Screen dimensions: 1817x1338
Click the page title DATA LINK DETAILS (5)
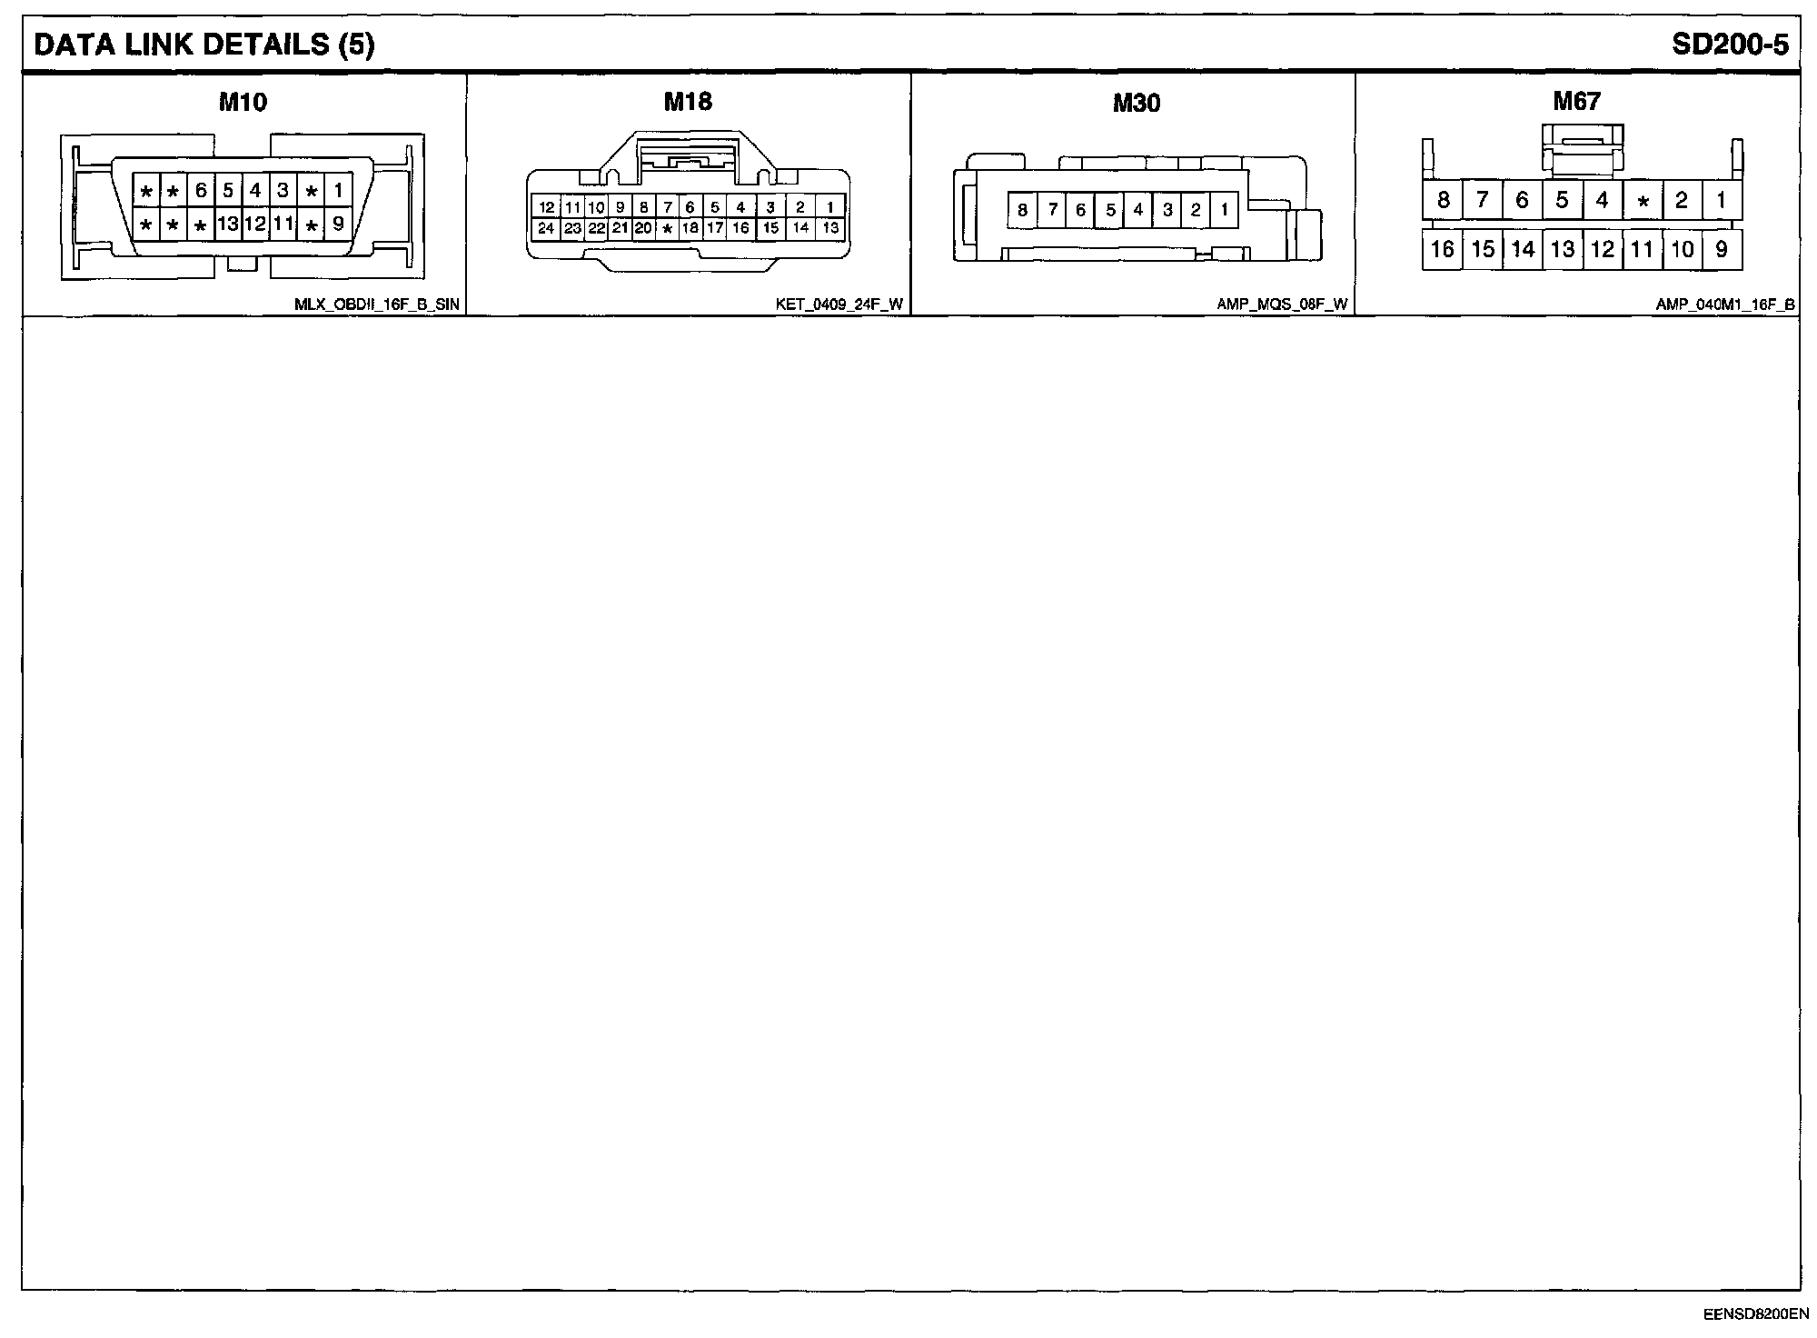204,45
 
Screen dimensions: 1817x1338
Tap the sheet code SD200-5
1730,45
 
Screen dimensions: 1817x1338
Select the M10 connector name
243,102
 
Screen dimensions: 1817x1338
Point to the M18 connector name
688,101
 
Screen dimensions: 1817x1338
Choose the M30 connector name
1136,103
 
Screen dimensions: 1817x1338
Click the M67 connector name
1576,101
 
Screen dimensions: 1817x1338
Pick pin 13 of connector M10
227,224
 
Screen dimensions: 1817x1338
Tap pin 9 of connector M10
338,224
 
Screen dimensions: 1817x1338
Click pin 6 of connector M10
201,191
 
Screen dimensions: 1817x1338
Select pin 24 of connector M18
546,228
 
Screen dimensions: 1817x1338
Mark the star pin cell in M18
667,228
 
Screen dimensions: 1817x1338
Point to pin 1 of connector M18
830,207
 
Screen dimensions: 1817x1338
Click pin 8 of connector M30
1022,211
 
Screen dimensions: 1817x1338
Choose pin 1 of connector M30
1224,211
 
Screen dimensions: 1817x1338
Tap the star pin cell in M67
1642,201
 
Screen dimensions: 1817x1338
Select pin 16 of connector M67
1442,249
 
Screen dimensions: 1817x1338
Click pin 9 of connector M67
1722,249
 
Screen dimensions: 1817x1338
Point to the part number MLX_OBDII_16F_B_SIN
376,305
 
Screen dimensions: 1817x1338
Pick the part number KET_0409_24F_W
839,305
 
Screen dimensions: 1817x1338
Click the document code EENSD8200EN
1755,1314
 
